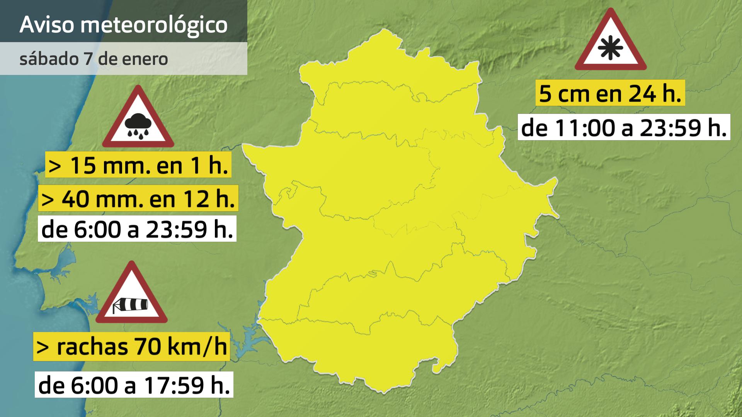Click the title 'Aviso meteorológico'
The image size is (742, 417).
click(123, 25)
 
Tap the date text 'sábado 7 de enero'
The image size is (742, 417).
click(94, 59)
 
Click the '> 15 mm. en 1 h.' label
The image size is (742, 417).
click(138, 165)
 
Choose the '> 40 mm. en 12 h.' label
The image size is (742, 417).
click(138, 198)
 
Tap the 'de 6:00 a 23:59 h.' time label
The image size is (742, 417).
click(137, 229)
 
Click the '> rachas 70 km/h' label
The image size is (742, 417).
click(131, 346)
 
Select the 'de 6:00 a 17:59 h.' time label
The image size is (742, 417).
click(134, 385)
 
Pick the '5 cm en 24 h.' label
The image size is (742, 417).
click(610, 93)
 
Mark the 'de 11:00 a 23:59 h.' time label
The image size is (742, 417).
click(624, 127)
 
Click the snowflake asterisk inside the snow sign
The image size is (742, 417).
click(610, 48)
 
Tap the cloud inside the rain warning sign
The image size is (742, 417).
click(138, 122)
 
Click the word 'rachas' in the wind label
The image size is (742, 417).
click(92, 346)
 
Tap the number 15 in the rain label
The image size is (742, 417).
click(83, 165)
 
